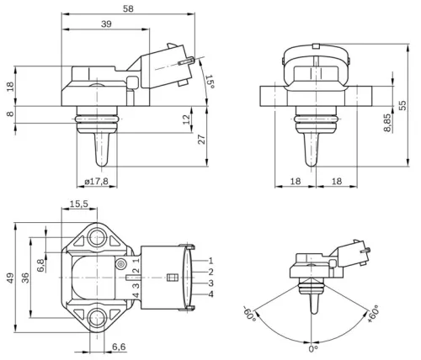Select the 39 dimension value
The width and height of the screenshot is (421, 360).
coord(105,25)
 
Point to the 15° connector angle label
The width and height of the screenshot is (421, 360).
coord(210,82)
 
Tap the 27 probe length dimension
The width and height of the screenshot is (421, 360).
coord(201,140)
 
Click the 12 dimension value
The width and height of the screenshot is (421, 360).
coord(187,120)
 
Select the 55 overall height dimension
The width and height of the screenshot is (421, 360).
coord(403,103)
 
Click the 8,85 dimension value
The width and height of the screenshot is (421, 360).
coord(386,122)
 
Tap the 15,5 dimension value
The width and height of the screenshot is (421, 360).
coord(78,204)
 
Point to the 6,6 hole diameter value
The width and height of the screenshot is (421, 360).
coord(119,346)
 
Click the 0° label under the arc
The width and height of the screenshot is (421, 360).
coord(312,347)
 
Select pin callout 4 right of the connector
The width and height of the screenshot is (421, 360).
coord(211,294)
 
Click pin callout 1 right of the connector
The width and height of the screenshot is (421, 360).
coord(211,262)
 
